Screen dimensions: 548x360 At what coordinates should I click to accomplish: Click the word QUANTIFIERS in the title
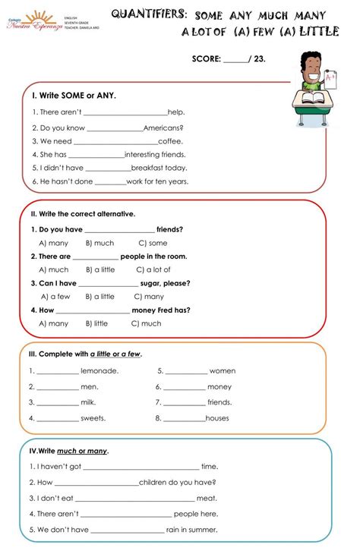[149, 14]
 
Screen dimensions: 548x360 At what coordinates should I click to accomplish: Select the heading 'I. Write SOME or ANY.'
[74, 96]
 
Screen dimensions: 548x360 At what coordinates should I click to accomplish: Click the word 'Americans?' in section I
[163, 128]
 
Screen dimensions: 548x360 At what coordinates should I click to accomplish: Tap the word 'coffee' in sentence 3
[170, 141]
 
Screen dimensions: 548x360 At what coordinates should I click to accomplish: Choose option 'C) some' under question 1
[153, 243]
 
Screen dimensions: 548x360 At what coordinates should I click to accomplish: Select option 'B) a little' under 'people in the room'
[100, 269]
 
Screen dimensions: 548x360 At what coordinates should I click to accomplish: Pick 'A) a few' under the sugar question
[55, 297]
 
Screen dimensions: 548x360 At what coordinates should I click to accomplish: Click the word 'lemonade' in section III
[99, 371]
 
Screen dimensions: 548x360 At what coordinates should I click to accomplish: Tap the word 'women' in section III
[223, 371]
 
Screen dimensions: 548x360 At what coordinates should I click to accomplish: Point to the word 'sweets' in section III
[93, 418]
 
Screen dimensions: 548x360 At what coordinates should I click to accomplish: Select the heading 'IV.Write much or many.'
[68, 451]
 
